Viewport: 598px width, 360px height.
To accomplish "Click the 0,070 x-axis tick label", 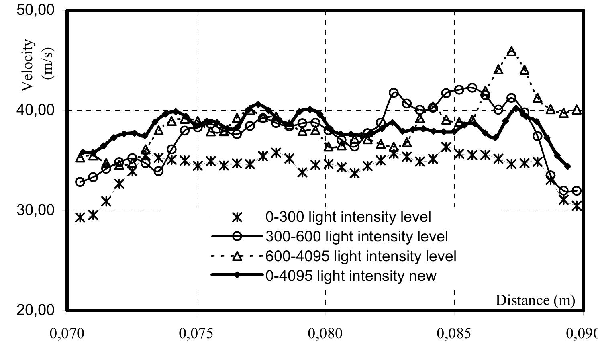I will pyautogui.click(x=67, y=335).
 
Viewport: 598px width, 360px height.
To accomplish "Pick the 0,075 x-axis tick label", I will pyautogui.click(x=196, y=335).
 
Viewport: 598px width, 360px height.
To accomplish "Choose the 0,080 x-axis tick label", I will pyautogui.click(x=326, y=335).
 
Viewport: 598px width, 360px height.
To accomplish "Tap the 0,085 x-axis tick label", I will pyautogui.click(x=455, y=335).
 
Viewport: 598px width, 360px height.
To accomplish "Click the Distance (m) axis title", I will pyautogui.click(x=535, y=300).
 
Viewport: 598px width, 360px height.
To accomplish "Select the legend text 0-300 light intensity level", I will pyautogui.click(x=348, y=217).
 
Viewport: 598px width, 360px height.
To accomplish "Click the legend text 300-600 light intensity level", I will pyautogui.click(x=357, y=236).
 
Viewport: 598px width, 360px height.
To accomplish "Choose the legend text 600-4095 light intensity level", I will pyautogui.click(x=361, y=256).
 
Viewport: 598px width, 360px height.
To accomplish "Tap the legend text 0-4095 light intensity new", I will pyautogui.click(x=351, y=276).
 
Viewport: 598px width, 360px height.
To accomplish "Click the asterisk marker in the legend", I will pyautogui.click(x=237, y=217).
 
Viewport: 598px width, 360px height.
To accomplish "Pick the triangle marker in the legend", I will pyautogui.click(x=237, y=256).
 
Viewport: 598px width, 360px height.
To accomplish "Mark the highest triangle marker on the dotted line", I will pyautogui.click(x=511, y=51).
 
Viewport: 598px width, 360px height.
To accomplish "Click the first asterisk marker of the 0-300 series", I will pyautogui.click(x=80, y=217).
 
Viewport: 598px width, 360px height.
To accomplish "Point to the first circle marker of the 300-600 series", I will pyautogui.click(x=80, y=182).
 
